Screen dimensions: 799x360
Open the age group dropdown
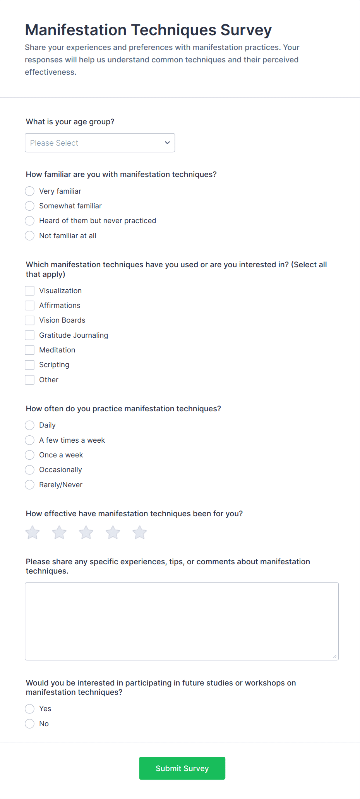100,143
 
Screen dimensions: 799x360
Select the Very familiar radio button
30,191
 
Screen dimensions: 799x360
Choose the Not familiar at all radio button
30,236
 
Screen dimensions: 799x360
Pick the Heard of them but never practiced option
30,221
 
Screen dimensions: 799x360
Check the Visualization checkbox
30,291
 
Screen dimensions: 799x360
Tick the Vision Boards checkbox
30,320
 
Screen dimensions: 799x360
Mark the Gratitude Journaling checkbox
30,335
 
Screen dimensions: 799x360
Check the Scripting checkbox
30,365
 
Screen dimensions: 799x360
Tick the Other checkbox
30,380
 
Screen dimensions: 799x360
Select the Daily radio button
30,425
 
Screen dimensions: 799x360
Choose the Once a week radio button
30,455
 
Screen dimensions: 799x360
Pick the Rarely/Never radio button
30,485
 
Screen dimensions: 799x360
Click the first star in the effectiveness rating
33,533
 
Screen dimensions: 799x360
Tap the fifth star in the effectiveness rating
140,533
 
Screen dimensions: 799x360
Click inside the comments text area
182,621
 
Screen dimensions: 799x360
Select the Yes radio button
30,709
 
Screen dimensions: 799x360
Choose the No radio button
30,724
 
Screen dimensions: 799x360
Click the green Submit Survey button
182,768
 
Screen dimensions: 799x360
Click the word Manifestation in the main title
76,30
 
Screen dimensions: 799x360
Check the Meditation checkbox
30,350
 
